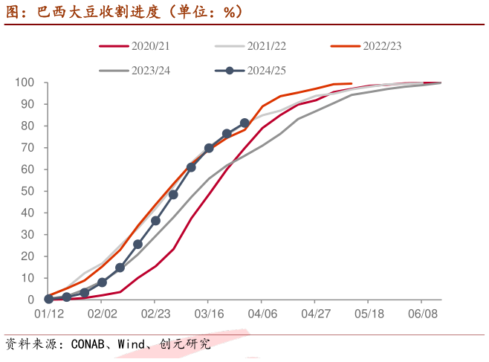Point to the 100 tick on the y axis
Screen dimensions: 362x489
[x=25, y=83]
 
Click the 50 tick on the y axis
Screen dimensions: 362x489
[x=27, y=191]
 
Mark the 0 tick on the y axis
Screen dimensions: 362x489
[x=31, y=300]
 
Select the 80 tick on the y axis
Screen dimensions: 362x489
[x=27, y=126]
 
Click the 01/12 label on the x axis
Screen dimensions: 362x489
[x=48, y=314]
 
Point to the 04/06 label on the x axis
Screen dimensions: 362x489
[x=263, y=314]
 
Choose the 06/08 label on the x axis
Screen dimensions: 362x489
[x=424, y=314]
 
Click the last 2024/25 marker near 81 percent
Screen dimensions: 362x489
[x=245, y=123]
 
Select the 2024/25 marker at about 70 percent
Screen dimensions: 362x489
[x=209, y=148]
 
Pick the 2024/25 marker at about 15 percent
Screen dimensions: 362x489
[x=120, y=268]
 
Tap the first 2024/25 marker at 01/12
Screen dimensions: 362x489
[x=48, y=299]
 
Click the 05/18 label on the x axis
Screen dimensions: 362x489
[x=370, y=314]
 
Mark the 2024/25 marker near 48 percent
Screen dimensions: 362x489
[x=173, y=195]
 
